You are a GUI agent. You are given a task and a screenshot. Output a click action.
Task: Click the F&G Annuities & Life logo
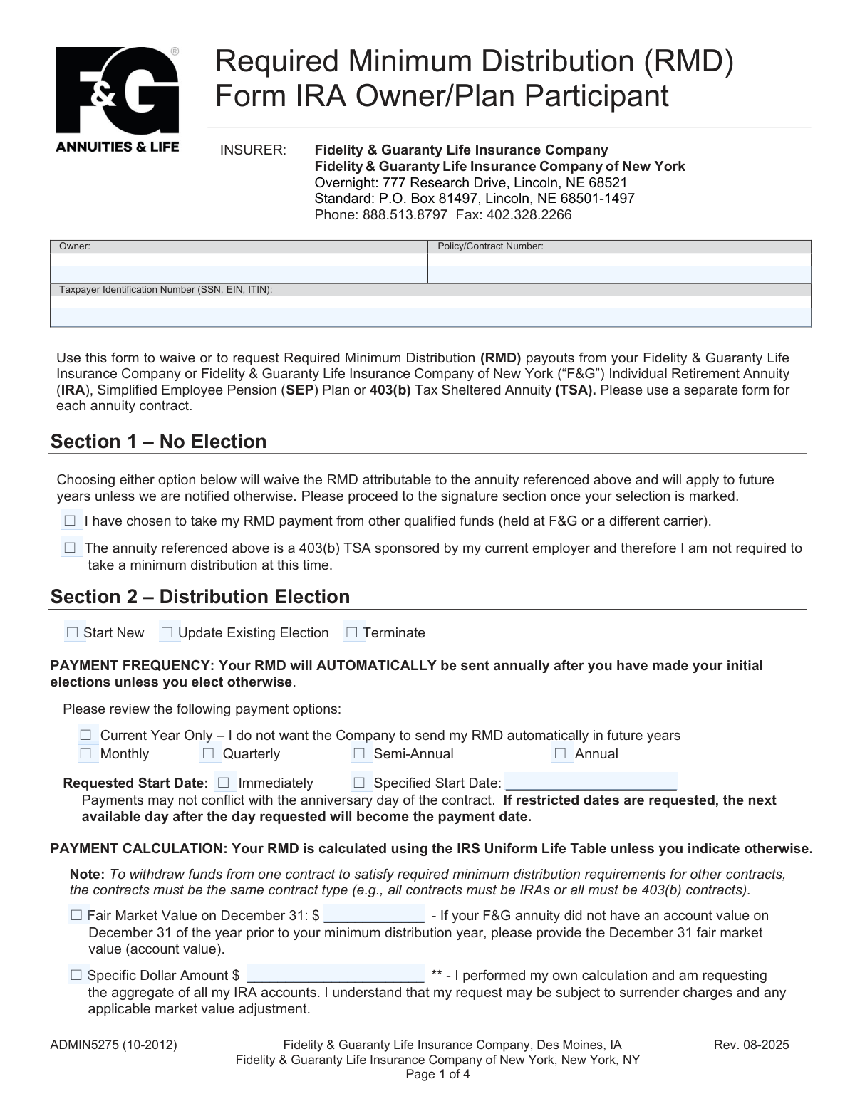coord(117,99)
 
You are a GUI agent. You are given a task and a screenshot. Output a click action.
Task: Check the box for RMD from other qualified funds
coord(70,521)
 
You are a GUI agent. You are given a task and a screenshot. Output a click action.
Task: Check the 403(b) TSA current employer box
coord(70,548)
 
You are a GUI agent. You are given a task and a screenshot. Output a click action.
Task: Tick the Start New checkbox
coord(72,632)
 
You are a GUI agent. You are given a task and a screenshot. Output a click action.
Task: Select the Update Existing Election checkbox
coord(167,632)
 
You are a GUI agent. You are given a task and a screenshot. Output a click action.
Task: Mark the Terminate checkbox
coord(351,632)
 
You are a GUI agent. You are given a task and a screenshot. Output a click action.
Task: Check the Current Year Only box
coord(86,735)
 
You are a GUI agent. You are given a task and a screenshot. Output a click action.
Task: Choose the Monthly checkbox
coord(86,753)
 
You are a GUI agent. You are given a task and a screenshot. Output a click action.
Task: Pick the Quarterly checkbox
coord(208,753)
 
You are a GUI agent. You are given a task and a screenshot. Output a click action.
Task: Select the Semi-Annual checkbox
coord(359,753)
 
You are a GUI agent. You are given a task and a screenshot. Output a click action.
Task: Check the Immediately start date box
coord(224,783)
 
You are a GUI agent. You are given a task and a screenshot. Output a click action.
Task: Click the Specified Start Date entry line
coord(591,782)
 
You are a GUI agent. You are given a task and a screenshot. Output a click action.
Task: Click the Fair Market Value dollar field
coord(374,915)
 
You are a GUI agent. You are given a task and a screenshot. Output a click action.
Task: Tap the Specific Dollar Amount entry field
coord(335,974)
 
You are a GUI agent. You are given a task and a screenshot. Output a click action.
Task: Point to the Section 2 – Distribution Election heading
coord(200,597)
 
